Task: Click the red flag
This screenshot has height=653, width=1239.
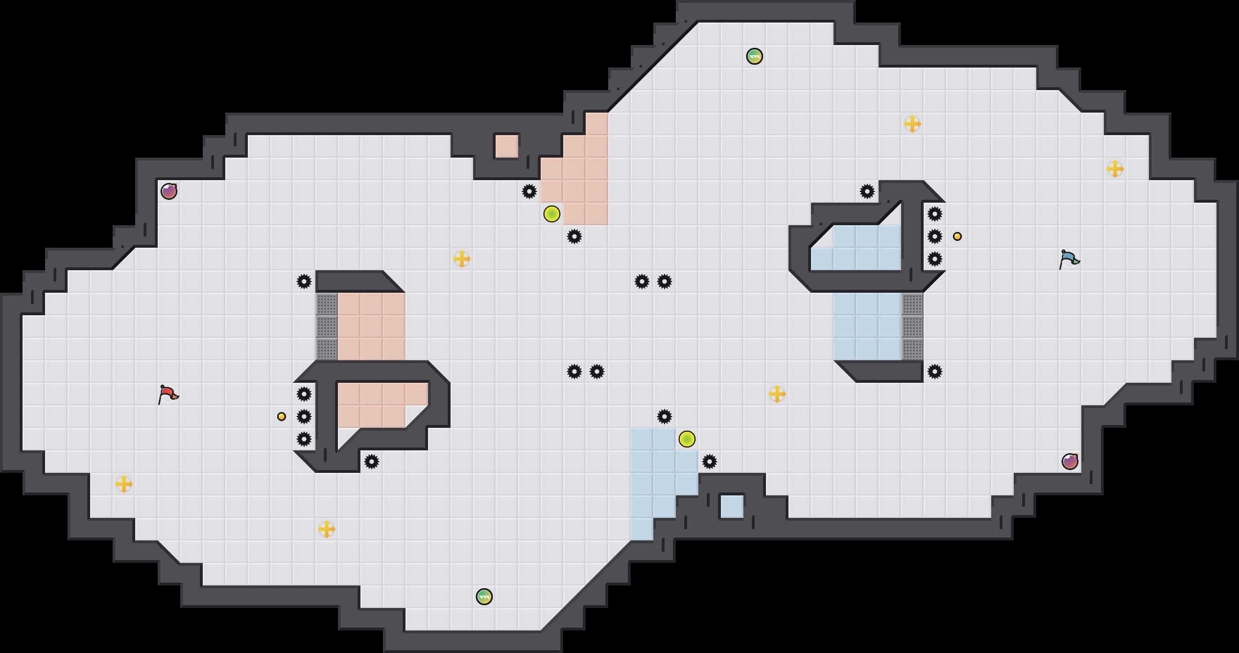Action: [x=168, y=394]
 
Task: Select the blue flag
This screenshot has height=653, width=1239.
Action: [x=1069, y=259]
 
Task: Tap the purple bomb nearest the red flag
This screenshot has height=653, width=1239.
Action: [x=169, y=191]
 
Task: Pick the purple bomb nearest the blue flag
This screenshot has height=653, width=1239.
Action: [x=1070, y=462]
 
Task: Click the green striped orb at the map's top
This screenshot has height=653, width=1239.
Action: [x=755, y=56]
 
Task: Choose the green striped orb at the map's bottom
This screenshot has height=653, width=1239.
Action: [x=484, y=597]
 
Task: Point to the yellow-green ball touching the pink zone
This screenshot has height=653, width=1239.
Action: [x=552, y=214]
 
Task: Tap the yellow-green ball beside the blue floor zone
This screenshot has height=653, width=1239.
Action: [x=687, y=439]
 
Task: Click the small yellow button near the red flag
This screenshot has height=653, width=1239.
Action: [x=282, y=417]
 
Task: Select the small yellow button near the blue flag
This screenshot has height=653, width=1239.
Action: [x=957, y=236]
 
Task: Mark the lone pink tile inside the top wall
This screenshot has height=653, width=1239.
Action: [x=507, y=146]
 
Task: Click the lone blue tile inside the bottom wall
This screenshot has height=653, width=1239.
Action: [x=732, y=507]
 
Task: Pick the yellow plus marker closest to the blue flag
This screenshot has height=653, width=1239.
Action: [x=1115, y=169]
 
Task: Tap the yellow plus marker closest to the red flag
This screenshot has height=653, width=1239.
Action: [x=124, y=484]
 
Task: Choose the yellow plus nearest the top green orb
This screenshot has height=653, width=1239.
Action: [x=912, y=124]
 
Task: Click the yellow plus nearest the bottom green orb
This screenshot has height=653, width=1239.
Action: [x=327, y=529]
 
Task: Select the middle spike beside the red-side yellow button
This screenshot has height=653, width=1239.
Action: [x=304, y=417]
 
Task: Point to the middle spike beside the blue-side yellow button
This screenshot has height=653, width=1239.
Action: [x=935, y=236]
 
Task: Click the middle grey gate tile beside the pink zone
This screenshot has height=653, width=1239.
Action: [x=327, y=326]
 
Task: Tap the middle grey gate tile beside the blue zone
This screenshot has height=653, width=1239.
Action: [x=912, y=326]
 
